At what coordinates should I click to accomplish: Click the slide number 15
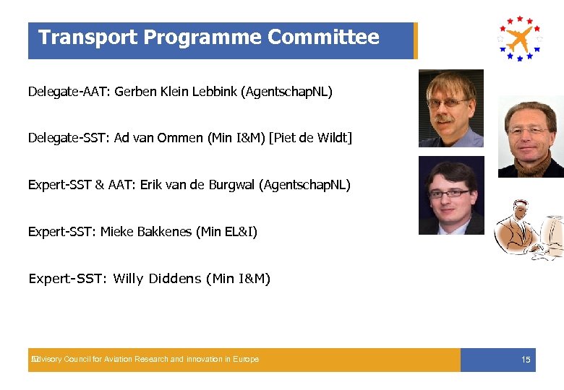coord(526,360)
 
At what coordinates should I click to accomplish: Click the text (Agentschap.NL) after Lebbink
coord(287,92)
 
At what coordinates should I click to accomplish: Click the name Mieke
coord(116,232)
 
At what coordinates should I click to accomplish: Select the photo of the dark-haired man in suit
coord(451,195)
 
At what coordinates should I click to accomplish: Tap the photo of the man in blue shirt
coord(450,108)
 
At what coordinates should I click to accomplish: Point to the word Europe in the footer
coord(245,360)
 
